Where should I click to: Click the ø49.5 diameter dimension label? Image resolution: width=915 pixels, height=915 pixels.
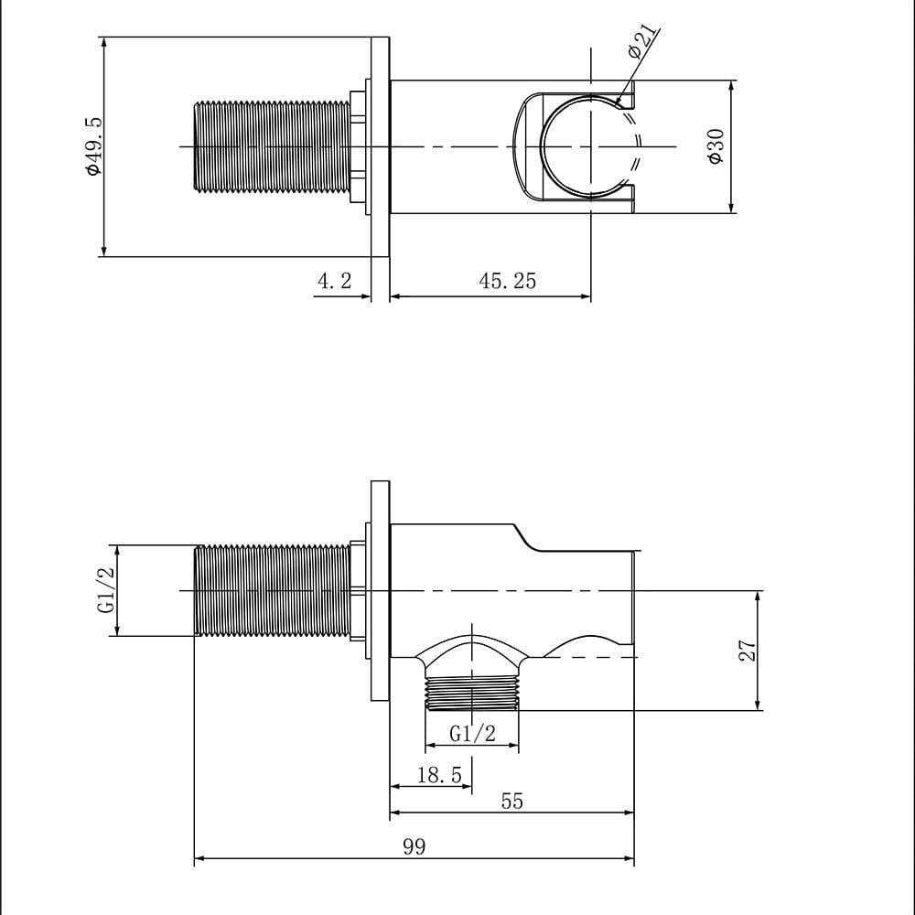pos(92,146)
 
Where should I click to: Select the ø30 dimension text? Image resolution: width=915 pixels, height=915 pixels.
pos(716,146)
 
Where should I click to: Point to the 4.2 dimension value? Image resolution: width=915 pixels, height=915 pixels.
pos(334,281)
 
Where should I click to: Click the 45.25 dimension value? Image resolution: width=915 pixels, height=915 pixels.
pos(508,281)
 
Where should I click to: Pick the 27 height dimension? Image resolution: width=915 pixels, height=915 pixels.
pos(748,651)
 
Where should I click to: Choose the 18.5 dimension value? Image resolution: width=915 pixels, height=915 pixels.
pos(438,776)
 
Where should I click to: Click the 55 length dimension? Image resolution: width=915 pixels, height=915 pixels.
pos(512,802)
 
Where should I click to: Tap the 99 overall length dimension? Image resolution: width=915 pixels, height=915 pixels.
pos(414,846)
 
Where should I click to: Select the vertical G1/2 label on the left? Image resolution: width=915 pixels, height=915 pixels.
pos(106,590)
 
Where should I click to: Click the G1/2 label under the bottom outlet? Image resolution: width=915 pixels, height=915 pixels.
pos(472,733)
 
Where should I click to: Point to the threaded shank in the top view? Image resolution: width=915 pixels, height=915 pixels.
pos(272,147)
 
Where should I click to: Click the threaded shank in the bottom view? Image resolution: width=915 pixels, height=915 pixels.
pos(272,590)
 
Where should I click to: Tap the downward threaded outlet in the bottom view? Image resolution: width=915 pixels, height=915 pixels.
pos(472,694)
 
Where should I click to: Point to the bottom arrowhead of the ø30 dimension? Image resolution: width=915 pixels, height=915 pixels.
pos(731,209)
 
